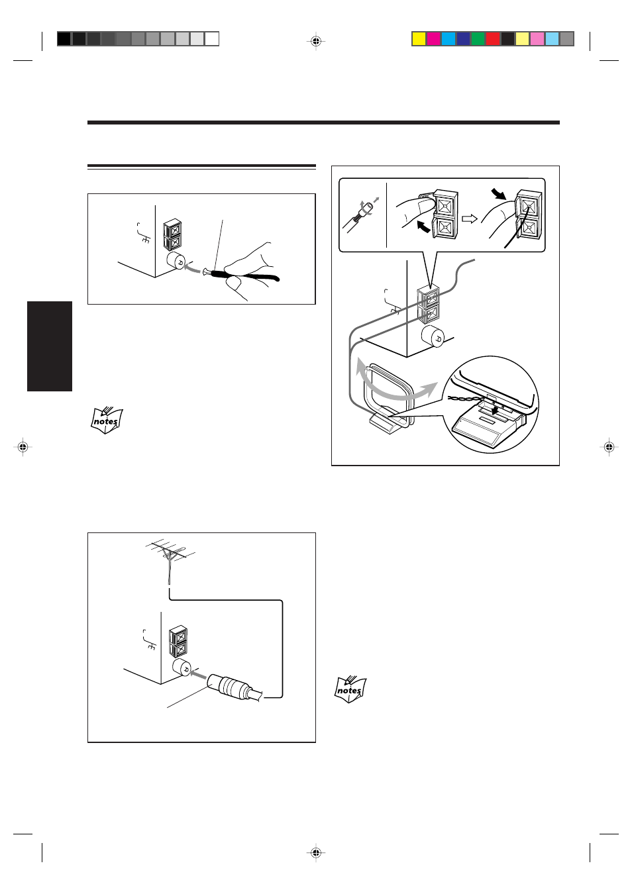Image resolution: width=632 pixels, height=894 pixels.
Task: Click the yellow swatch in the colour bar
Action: click(x=419, y=39)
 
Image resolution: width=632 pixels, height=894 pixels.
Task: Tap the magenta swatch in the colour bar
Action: click(x=433, y=39)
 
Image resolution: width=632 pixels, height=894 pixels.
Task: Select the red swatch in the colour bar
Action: click(x=492, y=39)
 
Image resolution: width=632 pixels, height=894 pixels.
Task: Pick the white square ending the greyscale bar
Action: click(x=212, y=39)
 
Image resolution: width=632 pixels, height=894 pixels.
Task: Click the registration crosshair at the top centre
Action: click(x=316, y=41)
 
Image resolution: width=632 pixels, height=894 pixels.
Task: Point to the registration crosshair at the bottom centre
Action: click(x=316, y=852)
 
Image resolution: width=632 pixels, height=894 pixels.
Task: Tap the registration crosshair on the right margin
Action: click(x=609, y=448)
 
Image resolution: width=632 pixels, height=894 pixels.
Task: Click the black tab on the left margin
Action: click(x=50, y=346)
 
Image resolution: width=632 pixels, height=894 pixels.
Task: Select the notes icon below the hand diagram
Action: click(x=107, y=420)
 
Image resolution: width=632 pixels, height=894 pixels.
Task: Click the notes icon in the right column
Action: click(x=350, y=689)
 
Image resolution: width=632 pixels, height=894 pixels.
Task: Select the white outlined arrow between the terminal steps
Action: click(x=470, y=218)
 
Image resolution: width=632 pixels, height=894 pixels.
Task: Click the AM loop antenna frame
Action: click(x=388, y=395)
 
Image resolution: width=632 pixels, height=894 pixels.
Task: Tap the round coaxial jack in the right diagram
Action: click(x=433, y=336)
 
